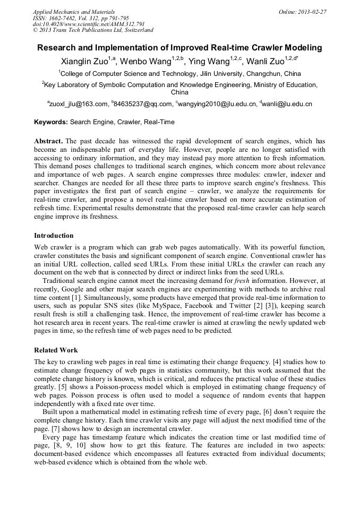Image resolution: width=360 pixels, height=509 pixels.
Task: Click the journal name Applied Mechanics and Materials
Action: [x=73, y=11]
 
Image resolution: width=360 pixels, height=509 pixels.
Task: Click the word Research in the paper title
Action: [x=57, y=48]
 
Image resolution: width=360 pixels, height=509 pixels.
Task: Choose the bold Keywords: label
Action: [x=51, y=122]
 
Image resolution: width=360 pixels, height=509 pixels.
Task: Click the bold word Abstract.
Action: [x=48, y=141]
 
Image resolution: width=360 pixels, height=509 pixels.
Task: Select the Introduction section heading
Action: [x=54, y=236]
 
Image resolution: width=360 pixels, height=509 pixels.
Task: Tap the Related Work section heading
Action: [x=56, y=350]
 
